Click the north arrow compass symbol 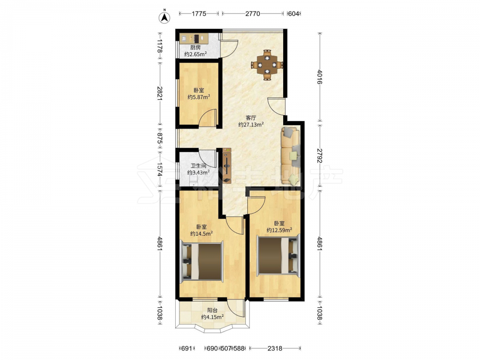pos(165,17)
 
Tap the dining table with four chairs pos(267,65)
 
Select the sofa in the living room pos(290,156)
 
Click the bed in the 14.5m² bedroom pos(203,261)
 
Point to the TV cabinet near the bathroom pos(227,166)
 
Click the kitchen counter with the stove pos(194,38)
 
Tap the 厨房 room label pos(195,48)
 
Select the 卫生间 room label pos(198,166)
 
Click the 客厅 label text pos(251,118)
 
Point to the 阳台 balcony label pos(212,311)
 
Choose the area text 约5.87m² pos(199,97)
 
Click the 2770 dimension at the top pos(252,13)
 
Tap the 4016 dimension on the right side pos(320,77)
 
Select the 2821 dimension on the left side pos(159,94)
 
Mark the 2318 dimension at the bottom pos(275,348)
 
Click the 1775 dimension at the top pos(199,13)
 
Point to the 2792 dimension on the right pos(320,156)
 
